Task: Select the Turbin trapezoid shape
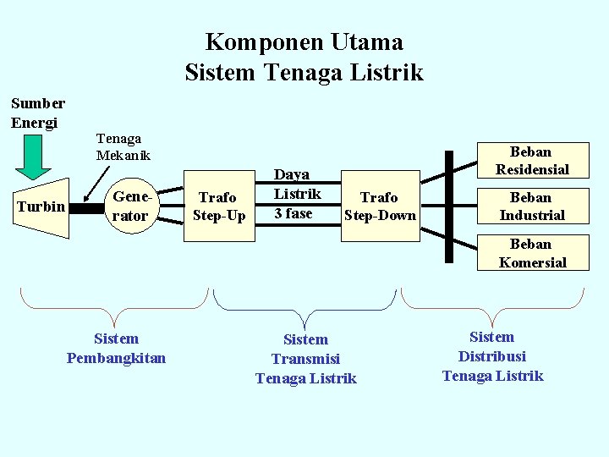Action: [42, 206]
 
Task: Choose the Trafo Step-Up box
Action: [219, 206]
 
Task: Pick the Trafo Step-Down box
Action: [380, 206]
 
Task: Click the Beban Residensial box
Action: [531, 161]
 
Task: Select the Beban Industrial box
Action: [531, 206]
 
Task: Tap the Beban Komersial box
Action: [531, 253]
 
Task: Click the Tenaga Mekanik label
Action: [123, 146]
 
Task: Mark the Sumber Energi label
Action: [37, 113]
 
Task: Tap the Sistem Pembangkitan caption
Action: [116, 348]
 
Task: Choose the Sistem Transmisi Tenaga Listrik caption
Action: [305, 359]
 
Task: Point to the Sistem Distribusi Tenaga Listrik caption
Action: [492, 356]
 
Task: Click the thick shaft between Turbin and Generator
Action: [84, 206]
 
